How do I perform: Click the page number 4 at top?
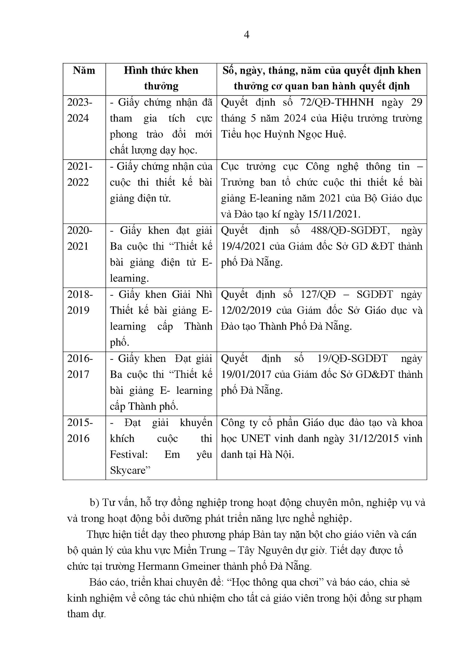point(247,35)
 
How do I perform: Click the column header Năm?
point(84,71)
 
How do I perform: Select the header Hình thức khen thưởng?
point(161,78)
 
